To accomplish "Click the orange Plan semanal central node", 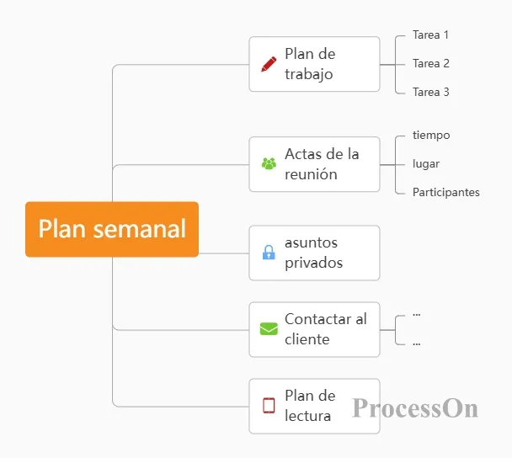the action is click(x=112, y=229).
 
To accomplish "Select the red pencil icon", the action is click(x=269, y=64).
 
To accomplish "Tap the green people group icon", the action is click(x=269, y=163).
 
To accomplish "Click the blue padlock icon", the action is click(x=269, y=252).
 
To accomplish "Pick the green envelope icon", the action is click(x=269, y=328).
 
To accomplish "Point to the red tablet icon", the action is click(x=269, y=406).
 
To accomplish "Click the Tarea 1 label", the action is click(x=430, y=35).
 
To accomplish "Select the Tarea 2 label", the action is click(x=430, y=63).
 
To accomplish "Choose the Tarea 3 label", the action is click(x=430, y=92).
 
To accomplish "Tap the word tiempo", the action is click(x=431, y=136).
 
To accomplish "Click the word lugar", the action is click(x=426, y=164).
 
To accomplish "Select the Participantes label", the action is click(x=446, y=192).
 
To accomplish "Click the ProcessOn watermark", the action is click(x=415, y=408).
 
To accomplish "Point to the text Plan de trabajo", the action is click(x=310, y=64).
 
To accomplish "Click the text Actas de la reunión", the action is click(x=322, y=164).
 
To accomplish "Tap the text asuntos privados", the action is click(x=313, y=253).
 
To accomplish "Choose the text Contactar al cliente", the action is click(x=326, y=329).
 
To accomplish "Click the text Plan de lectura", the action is click(x=310, y=406).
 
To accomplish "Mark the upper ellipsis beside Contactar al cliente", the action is click(x=416, y=315).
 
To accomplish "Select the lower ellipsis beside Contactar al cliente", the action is click(x=416, y=343).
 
